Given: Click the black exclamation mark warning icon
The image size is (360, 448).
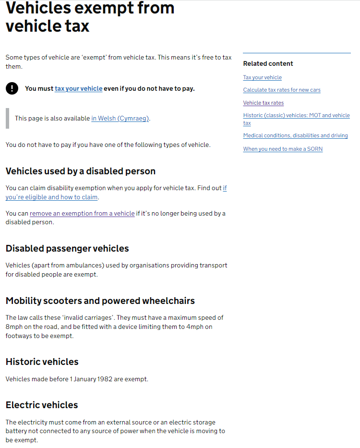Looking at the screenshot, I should coord(12,88).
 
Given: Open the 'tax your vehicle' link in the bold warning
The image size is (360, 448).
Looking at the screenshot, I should coord(78,88).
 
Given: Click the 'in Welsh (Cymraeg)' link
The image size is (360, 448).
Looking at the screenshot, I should coord(120,118).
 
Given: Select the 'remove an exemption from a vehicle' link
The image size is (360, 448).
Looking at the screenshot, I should coord(82,213).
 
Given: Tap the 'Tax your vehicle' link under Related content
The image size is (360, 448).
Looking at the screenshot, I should coord(262,77).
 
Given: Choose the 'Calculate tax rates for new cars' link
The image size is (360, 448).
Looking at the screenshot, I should coord(282,90).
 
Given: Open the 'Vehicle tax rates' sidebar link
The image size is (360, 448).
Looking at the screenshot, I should coord(263,103).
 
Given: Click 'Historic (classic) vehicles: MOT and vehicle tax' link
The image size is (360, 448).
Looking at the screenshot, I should coord(296,116).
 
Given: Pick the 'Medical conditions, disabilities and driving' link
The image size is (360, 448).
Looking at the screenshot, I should coord(295,135).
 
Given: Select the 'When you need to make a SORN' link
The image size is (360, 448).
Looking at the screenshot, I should coord(283,149).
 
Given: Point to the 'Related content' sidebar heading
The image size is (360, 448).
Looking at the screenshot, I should coord(268,63).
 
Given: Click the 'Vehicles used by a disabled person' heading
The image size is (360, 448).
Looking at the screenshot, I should coord(81,171).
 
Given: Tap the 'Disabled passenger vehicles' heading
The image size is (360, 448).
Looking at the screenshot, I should coord(67,249).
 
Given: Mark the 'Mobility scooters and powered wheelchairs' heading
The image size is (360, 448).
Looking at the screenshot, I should coord(100,301).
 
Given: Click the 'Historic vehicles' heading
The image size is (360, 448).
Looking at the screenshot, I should coord(42,362).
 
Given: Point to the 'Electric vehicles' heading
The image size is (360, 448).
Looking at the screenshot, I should coord(42,405).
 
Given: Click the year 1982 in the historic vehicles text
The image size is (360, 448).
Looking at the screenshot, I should coord(105,379).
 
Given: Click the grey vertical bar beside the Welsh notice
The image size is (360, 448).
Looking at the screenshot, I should coord(7,118).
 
